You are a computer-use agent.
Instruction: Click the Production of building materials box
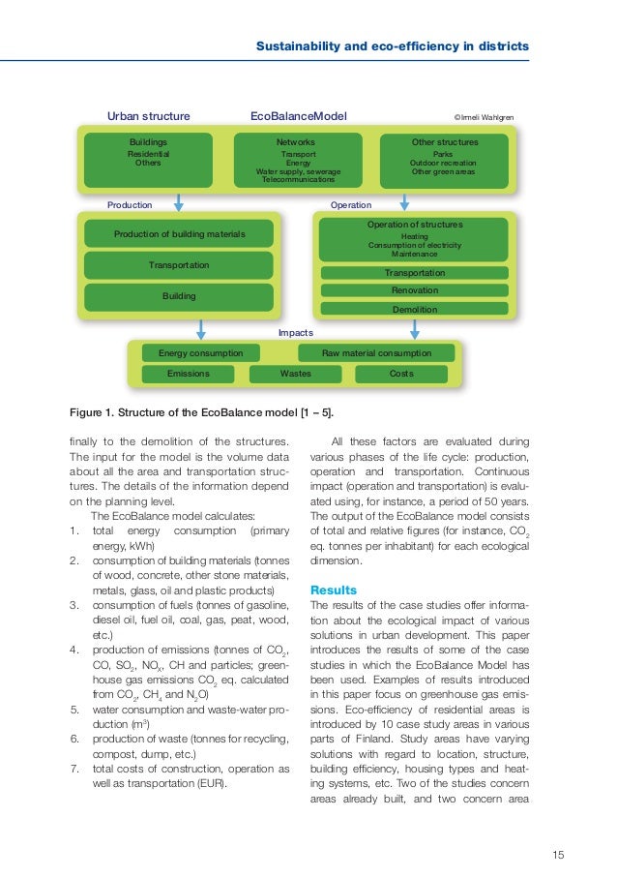click(x=179, y=234)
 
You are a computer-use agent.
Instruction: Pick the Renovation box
click(x=414, y=290)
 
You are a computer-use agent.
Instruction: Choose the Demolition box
click(x=414, y=310)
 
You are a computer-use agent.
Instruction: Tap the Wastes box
click(x=295, y=373)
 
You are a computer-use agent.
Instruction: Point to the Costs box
click(x=401, y=373)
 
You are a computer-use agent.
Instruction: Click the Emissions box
click(x=189, y=373)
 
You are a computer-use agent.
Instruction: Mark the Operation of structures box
click(x=414, y=238)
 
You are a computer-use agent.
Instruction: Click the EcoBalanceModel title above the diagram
click(x=298, y=117)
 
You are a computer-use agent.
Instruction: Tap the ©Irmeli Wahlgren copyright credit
click(x=485, y=118)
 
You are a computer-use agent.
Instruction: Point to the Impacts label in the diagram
click(x=295, y=333)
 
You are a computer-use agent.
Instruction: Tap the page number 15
click(x=558, y=853)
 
